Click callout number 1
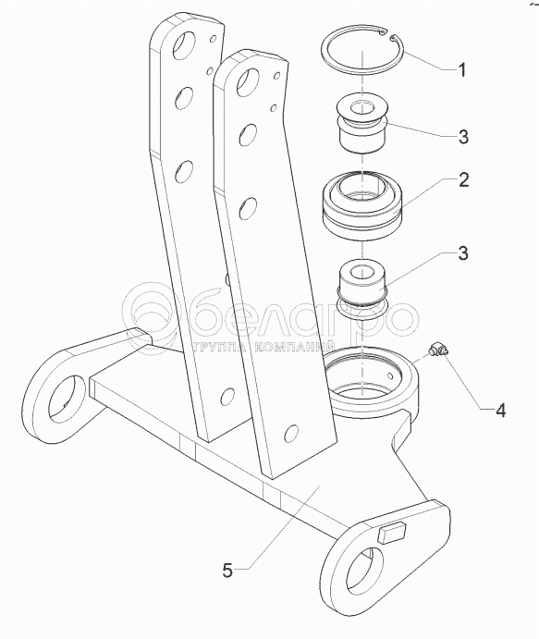tap(461, 70)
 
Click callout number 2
tap(463, 179)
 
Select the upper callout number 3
tap(463, 137)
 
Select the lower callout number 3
tap(463, 253)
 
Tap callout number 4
tap(500, 411)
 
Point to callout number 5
tap(227, 571)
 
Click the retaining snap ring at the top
tap(362, 50)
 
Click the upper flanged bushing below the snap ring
tap(362, 124)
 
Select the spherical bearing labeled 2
tap(362, 204)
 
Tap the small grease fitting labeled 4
tap(438, 350)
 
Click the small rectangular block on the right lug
tap(392, 533)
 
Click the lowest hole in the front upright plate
tap(292, 434)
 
